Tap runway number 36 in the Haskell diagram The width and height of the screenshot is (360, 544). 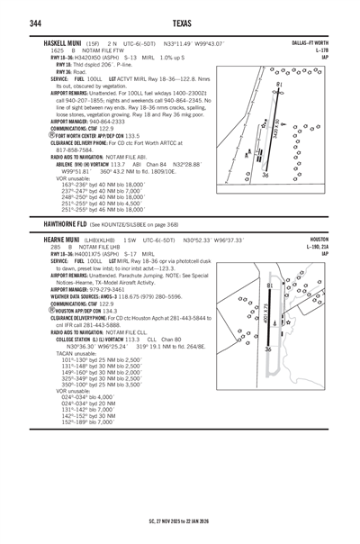265,176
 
